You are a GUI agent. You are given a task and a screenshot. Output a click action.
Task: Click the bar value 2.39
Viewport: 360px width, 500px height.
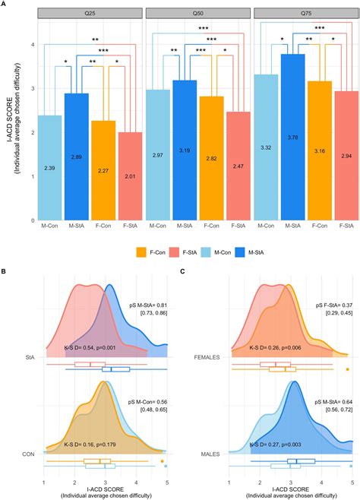[x=49, y=167]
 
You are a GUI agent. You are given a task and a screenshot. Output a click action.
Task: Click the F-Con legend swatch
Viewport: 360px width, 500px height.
[x=142, y=252]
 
